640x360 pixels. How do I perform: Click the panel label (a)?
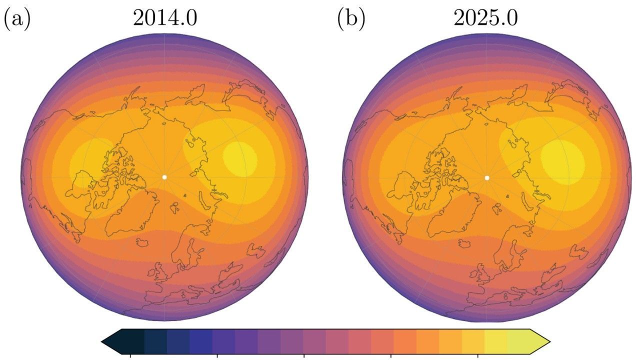click(17, 19)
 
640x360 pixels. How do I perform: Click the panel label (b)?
click(351, 19)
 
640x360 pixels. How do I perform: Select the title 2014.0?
click(164, 18)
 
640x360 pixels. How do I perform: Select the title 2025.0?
click(485, 18)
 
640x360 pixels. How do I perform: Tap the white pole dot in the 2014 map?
click(164, 177)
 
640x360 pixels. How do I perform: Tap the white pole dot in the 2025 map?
click(487, 177)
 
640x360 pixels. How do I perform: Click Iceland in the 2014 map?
click(142, 242)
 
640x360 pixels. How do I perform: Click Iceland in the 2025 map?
click(465, 242)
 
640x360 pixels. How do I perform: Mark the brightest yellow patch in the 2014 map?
click(240, 159)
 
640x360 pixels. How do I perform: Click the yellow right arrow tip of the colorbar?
click(548, 342)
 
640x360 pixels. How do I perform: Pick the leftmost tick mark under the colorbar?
click(130, 356)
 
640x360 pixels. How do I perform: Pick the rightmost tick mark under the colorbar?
click(478, 356)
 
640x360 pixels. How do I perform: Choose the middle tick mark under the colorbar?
click(304, 356)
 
